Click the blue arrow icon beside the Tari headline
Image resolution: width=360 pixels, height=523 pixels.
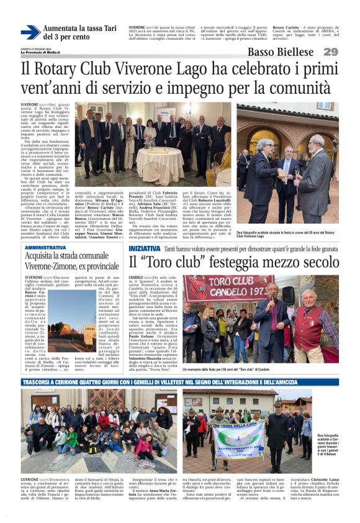pyautogui.click(x=30, y=32)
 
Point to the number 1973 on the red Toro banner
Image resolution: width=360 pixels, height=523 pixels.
pyautogui.click(x=248, y=292)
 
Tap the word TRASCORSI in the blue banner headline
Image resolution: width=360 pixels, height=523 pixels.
pyautogui.click(x=41, y=383)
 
